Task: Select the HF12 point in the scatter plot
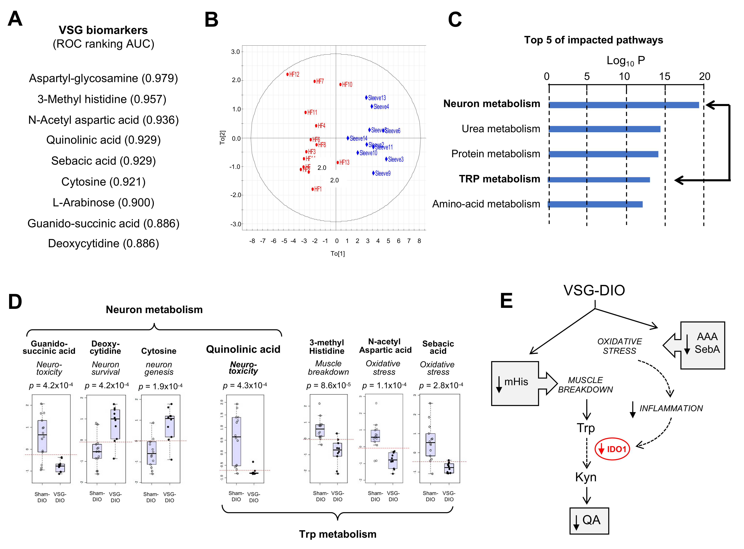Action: [x=287, y=74]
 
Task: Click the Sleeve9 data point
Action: [x=374, y=173]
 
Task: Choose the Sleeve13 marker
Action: [x=366, y=98]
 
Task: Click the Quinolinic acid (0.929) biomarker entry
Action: [x=103, y=140]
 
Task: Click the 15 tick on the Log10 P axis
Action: [x=665, y=77]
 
